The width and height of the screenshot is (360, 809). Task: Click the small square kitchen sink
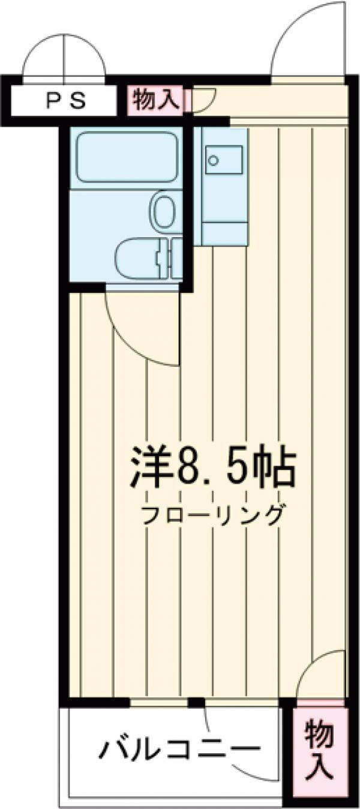(214, 160)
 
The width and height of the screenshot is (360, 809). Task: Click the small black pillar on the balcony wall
(195, 702)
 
